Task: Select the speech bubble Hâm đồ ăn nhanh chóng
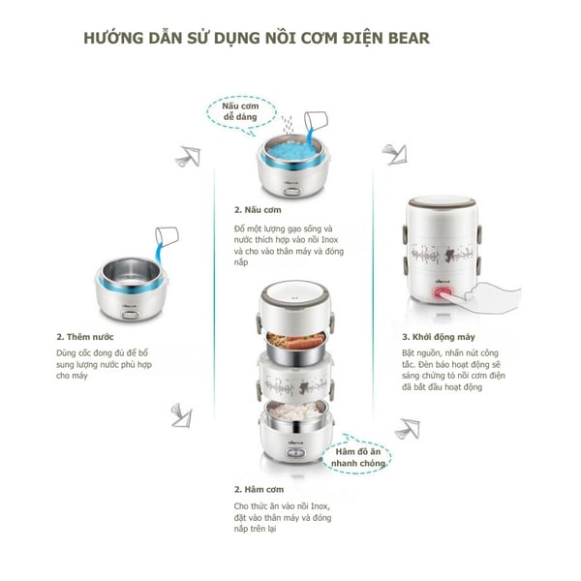click(x=361, y=457)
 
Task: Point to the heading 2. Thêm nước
click(x=83, y=336)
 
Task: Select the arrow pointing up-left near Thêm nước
click(x=187, y=157)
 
